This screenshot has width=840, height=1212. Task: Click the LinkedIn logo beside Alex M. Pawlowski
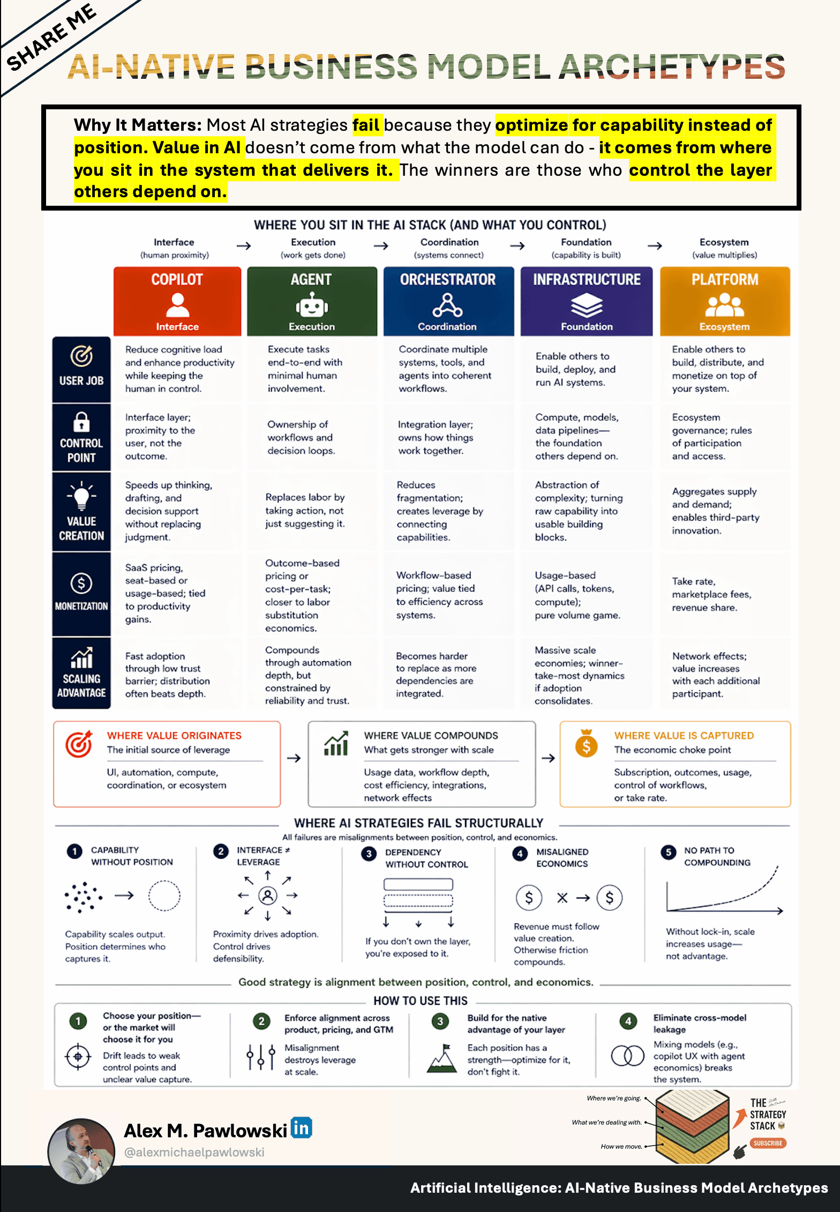[x=301, y=1128]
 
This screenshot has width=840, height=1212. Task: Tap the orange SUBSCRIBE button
[x=768, y=1143]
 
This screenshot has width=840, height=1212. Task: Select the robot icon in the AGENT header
[x=312, y=306]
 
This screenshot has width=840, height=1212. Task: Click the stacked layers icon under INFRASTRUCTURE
[x=587, y=306]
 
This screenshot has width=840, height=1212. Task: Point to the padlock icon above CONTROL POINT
[x=81, y=422]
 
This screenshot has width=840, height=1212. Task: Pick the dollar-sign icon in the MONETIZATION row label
[x=81, y=583]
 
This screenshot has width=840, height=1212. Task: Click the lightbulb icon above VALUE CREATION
[x=81, y=495]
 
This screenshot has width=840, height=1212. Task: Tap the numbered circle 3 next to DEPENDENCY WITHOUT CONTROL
[x=369, y=854]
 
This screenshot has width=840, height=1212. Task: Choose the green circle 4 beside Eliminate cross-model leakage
[x=628, y=1021]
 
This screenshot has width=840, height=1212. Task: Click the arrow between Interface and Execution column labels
[x=244, y=246]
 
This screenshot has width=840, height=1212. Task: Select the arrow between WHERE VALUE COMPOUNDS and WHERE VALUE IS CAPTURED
[x=548, y=758]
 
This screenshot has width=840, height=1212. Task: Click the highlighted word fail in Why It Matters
[x=366, y=125]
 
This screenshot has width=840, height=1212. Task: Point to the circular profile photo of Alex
[x=81, y=1151]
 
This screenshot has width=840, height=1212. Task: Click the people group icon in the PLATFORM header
[x=725, y=305]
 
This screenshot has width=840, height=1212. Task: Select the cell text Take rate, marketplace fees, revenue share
[x=712, y=594]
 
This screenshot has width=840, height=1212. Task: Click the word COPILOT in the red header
[x=177, y=279]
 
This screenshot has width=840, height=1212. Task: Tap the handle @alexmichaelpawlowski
[x=194, y=1152]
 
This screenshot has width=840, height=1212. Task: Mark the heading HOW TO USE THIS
[x=421, y=1000]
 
